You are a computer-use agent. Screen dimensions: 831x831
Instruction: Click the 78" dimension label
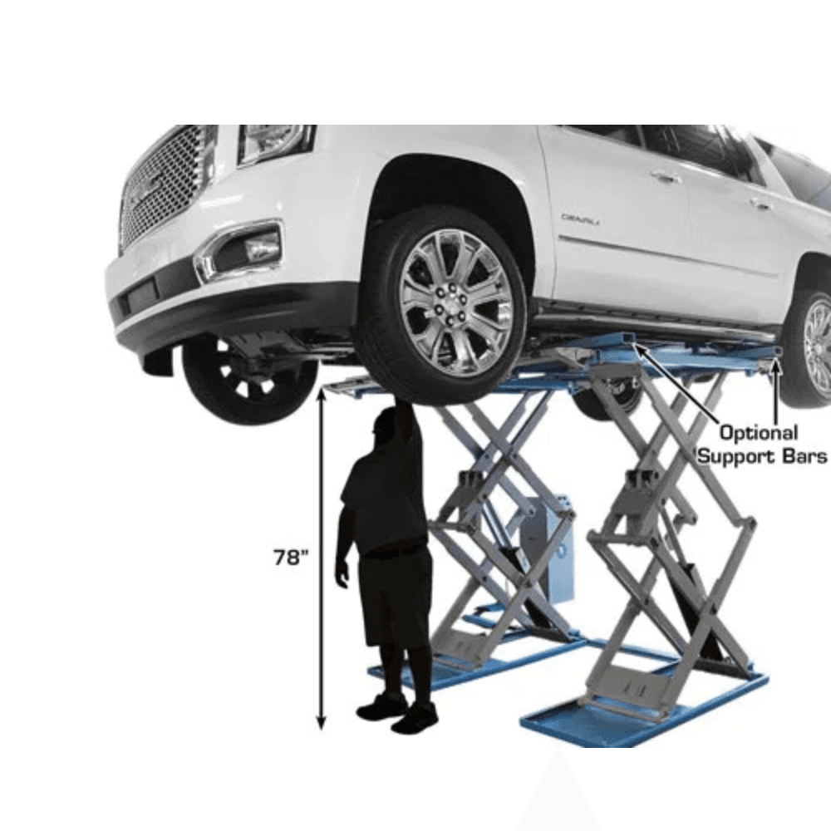click(x=290, y=557)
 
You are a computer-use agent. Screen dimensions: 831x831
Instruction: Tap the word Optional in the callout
click(x=759, y=434)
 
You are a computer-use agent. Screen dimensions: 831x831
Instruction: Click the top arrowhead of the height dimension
click(x=321, y=393)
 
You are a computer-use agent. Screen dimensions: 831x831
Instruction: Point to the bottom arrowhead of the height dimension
click(x=321, y=723)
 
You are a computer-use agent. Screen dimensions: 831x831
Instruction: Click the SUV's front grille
click(x=165, y=184)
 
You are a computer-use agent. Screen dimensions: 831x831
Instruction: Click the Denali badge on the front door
click(x=580, y=218)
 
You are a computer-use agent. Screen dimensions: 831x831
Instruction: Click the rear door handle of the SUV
click(x=760, y=204)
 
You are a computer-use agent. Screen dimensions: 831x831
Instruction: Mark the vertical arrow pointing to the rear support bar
click(x=776, y=390)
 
